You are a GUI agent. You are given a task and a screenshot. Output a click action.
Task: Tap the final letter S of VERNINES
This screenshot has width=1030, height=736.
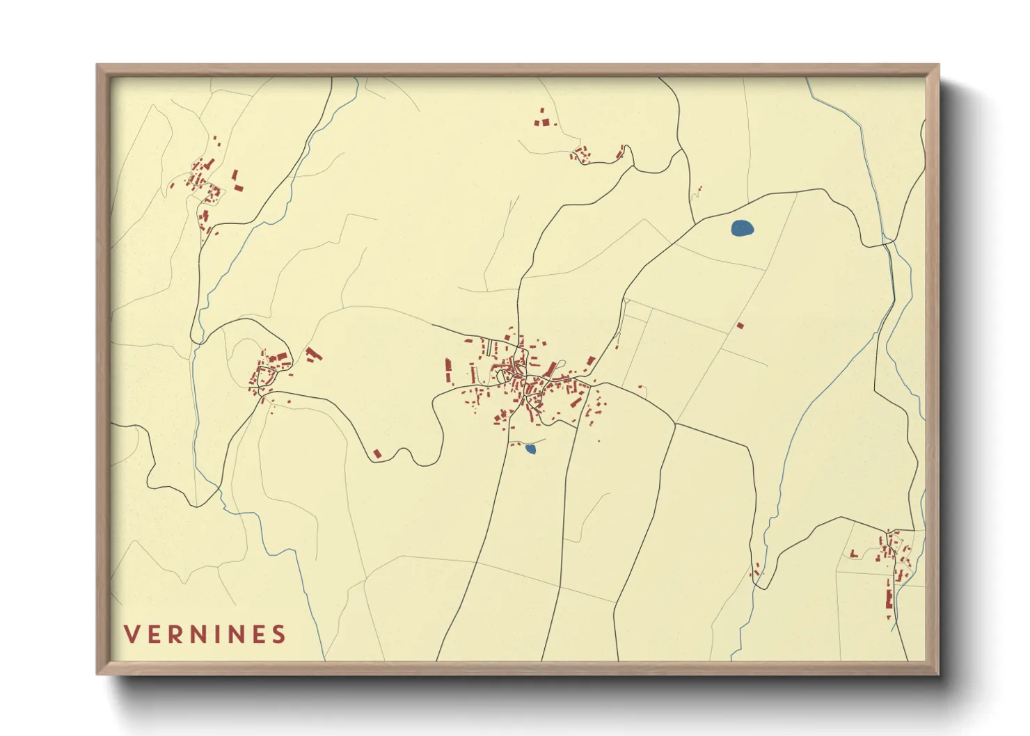pos(279,634)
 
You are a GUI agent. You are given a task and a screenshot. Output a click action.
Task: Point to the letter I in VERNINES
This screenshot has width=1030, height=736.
pos(216,634)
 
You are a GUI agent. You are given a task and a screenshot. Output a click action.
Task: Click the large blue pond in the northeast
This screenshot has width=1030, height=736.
pos(742,228)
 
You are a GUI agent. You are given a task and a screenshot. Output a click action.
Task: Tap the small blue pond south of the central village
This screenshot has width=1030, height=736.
pos(530,449)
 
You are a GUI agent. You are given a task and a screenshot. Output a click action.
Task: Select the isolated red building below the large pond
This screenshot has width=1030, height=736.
pos(740,325)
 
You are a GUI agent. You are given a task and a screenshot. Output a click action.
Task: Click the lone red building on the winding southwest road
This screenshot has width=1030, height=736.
pos(377,454)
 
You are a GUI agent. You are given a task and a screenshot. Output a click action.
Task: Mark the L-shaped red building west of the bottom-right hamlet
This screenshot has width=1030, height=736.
pos(853,554)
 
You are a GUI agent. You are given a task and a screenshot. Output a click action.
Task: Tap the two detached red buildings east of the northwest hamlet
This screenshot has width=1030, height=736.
pos(237,180)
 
